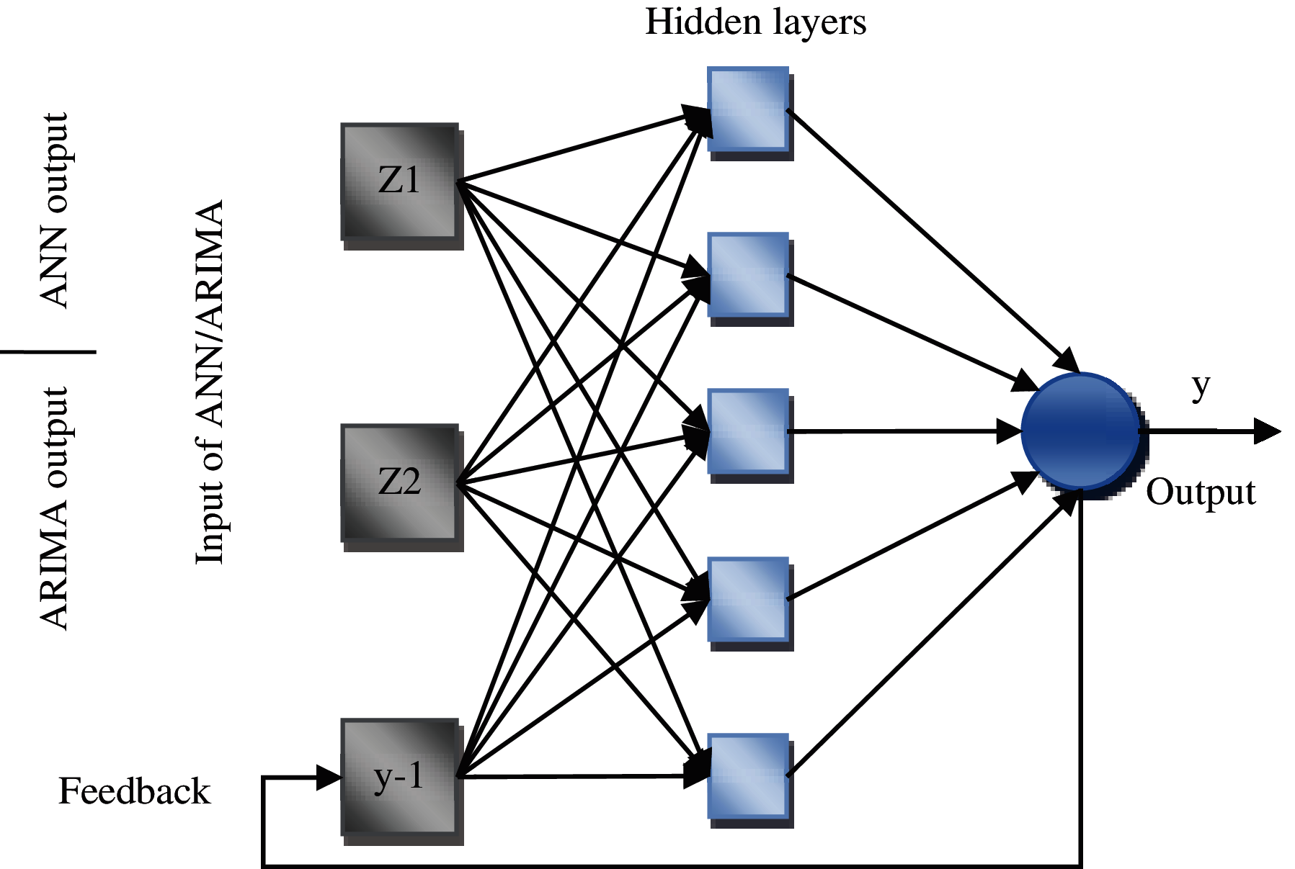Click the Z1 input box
point(401,186)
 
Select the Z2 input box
point(401,487)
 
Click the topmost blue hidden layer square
point(750,113)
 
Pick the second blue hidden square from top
point(750,279)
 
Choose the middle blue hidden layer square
point(750,436)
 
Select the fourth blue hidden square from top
point(750,604)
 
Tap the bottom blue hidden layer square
point(750,781)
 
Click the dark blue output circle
point(1083,435)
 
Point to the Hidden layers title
point(755,22)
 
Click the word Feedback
point(134,791)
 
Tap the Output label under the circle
point(1201,493)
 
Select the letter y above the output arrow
point(1201,387)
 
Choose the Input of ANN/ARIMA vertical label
point(210,382)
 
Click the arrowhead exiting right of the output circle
point(1267,431)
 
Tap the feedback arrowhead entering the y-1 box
point(329,778)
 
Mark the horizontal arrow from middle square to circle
point(904,431)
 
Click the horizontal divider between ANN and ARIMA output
point(48,352)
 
